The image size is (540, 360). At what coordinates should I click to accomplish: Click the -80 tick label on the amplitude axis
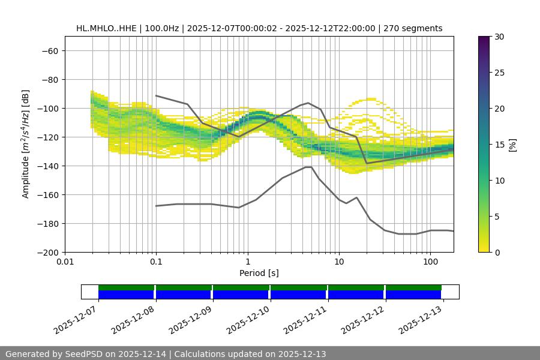coord(49,80)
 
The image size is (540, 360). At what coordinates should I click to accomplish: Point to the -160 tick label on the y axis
coord(46,195)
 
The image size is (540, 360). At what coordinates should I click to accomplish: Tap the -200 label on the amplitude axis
coord(46,253)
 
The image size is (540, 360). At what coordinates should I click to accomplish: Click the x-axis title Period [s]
coord(259,274)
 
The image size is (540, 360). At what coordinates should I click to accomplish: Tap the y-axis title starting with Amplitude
coord(26,144)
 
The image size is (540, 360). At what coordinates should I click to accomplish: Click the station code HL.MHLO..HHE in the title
coord(106,28)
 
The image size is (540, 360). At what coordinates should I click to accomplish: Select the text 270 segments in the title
coord(413,28)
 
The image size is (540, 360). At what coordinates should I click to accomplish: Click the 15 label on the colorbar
coord(498,145)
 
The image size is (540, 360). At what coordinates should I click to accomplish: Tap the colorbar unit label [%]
coord(513,145)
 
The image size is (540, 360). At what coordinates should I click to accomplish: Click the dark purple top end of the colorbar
coord(484,40)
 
